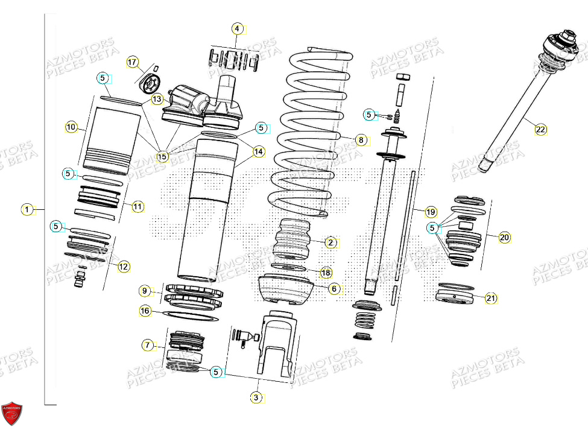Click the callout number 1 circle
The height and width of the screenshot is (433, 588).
tap(27, 210)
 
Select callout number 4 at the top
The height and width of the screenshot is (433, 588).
tap(237, 29)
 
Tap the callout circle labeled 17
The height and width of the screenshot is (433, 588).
tap(132, 62)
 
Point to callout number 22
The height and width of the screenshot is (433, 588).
tap(540, 130)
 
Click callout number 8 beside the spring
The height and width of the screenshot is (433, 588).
tap(361, 141)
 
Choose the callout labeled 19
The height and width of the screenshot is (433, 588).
tap(431, 212)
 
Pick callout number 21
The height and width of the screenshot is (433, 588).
tap(491, 298)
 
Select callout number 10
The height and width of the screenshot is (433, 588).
tap(72, 127)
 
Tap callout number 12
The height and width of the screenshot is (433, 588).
tap(123, 266)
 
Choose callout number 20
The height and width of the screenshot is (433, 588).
tap(504, 238)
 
